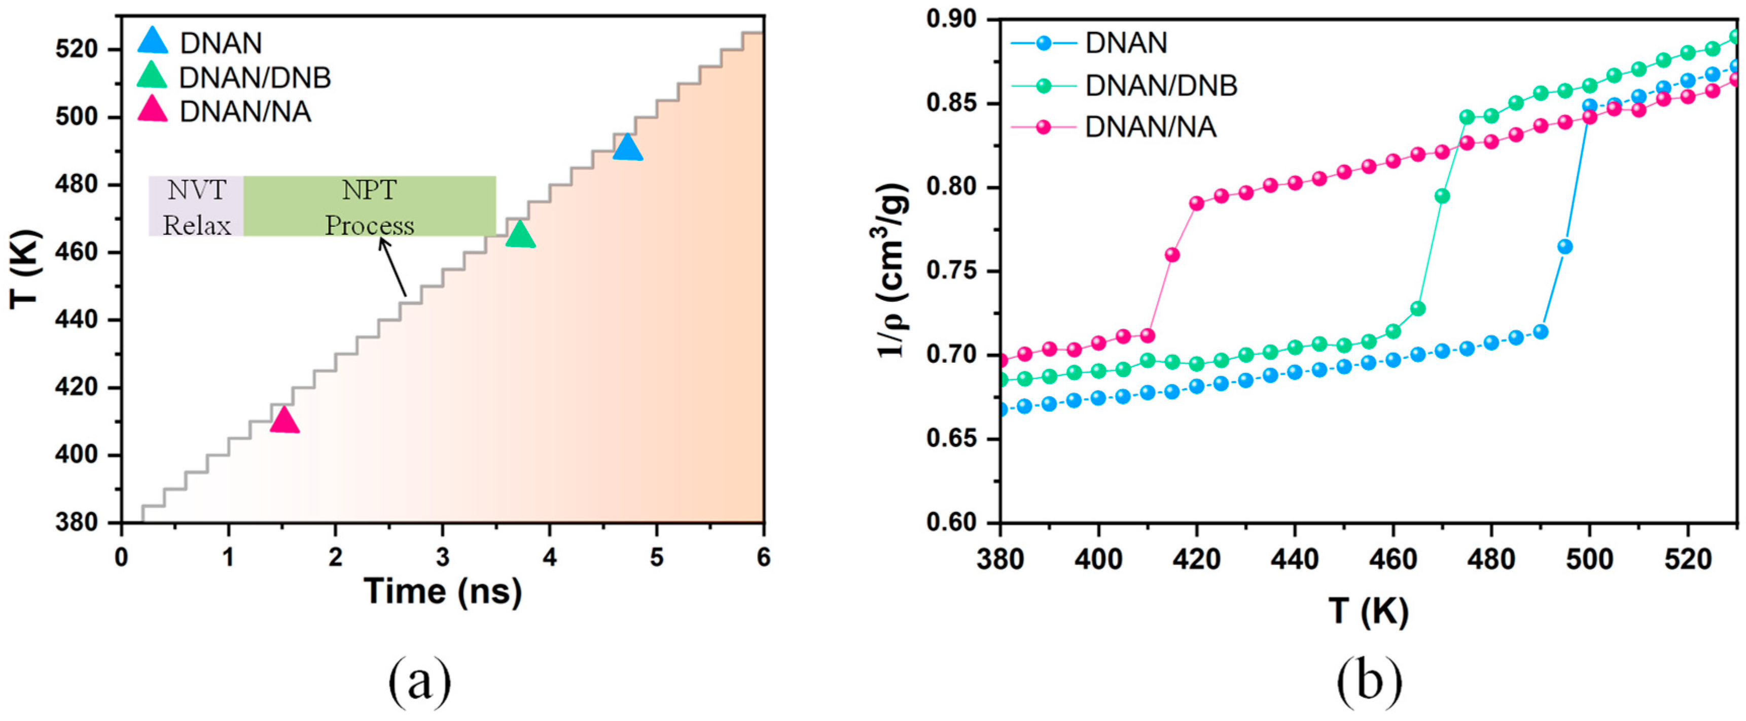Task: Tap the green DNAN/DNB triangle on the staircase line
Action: point(520,235)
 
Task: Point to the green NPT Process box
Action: point(369,206)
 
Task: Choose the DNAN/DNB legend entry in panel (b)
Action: point(1160,85)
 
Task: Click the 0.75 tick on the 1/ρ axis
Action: point(955,271)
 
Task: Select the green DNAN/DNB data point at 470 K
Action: point(1442,196)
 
